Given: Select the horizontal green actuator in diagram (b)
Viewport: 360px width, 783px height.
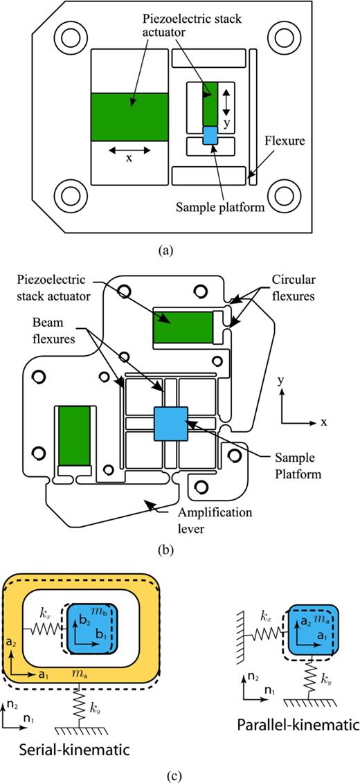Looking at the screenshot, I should point(182,327).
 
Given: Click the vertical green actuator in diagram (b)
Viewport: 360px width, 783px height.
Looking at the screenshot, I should point(74,436).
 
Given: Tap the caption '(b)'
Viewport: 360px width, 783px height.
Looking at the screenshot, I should point(179,551).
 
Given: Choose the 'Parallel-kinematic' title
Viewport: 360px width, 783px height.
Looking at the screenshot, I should point(296,725).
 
